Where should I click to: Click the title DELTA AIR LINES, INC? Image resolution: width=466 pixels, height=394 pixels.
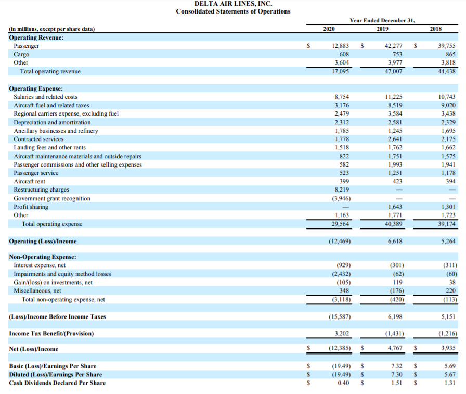click(233, 4)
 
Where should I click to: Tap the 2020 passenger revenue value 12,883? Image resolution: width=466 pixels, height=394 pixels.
click(340, 46)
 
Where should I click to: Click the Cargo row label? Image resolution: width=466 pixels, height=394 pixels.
click(21, 54)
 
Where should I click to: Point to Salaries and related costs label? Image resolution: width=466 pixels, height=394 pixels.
click(46, 97)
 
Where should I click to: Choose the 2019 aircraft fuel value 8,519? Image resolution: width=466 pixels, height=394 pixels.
click(395, 105)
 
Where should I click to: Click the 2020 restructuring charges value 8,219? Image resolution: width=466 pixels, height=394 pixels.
click(342, 190)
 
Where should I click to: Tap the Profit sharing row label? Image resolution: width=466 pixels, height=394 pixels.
click(31, 207)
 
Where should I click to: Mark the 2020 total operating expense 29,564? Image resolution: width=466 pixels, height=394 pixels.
click(340, 224)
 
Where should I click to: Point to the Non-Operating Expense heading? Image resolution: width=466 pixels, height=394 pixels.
click(43, 257)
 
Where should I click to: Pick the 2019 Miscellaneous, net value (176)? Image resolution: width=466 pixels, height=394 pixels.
click(396, 291)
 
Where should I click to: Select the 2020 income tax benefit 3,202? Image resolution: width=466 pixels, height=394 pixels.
click(342, 333)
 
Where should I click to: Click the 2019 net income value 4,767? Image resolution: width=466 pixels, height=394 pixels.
click(395, 349)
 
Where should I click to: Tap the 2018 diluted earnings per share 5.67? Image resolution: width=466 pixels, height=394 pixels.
click(450, 374)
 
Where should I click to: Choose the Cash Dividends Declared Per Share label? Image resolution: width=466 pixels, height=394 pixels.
click(57, 383)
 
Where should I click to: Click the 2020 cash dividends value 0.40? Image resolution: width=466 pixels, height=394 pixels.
click(344, 383)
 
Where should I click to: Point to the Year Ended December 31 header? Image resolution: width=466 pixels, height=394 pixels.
click(382, 20)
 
